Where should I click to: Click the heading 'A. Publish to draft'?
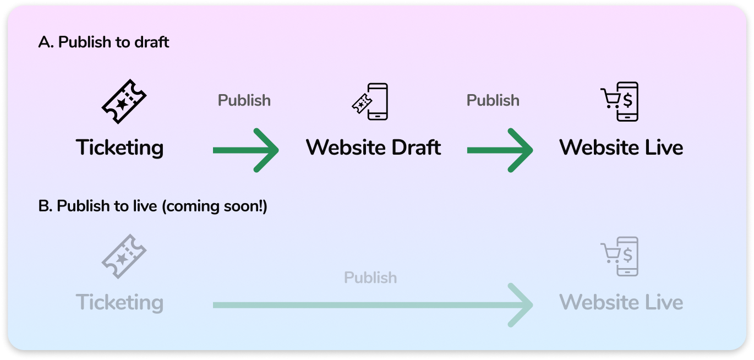click(x=104, y=42)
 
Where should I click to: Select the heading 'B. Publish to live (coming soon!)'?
click(x=152, y=206)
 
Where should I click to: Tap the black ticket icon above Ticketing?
click(x=124, y=101)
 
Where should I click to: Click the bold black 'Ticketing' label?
click(x=120, y=148)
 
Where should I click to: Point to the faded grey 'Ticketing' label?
click(x=120, y=303)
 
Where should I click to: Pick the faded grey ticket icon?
click(x=124, y=257)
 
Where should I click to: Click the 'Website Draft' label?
click(x=373, y=148)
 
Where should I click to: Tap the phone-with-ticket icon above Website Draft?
click(x=370, y=101)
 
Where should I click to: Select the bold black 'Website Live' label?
click(x=621, y=148)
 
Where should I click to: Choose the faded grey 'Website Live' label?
click(x=621, y=303)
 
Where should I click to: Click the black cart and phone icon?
click(x=620, y=101)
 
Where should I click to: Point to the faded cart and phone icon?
click(x=620, y=257)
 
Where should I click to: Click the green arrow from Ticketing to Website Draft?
click(x=245, y=150)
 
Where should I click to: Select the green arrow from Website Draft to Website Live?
click(x=500, y=150)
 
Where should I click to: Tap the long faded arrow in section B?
click(x=372, y=305)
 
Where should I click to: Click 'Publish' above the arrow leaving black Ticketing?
click(x=244, y=100)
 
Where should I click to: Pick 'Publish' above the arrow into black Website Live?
click(x=493, y=100)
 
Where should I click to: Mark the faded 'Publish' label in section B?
click(x=370, y=277)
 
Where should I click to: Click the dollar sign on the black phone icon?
click(x=627, y=100)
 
